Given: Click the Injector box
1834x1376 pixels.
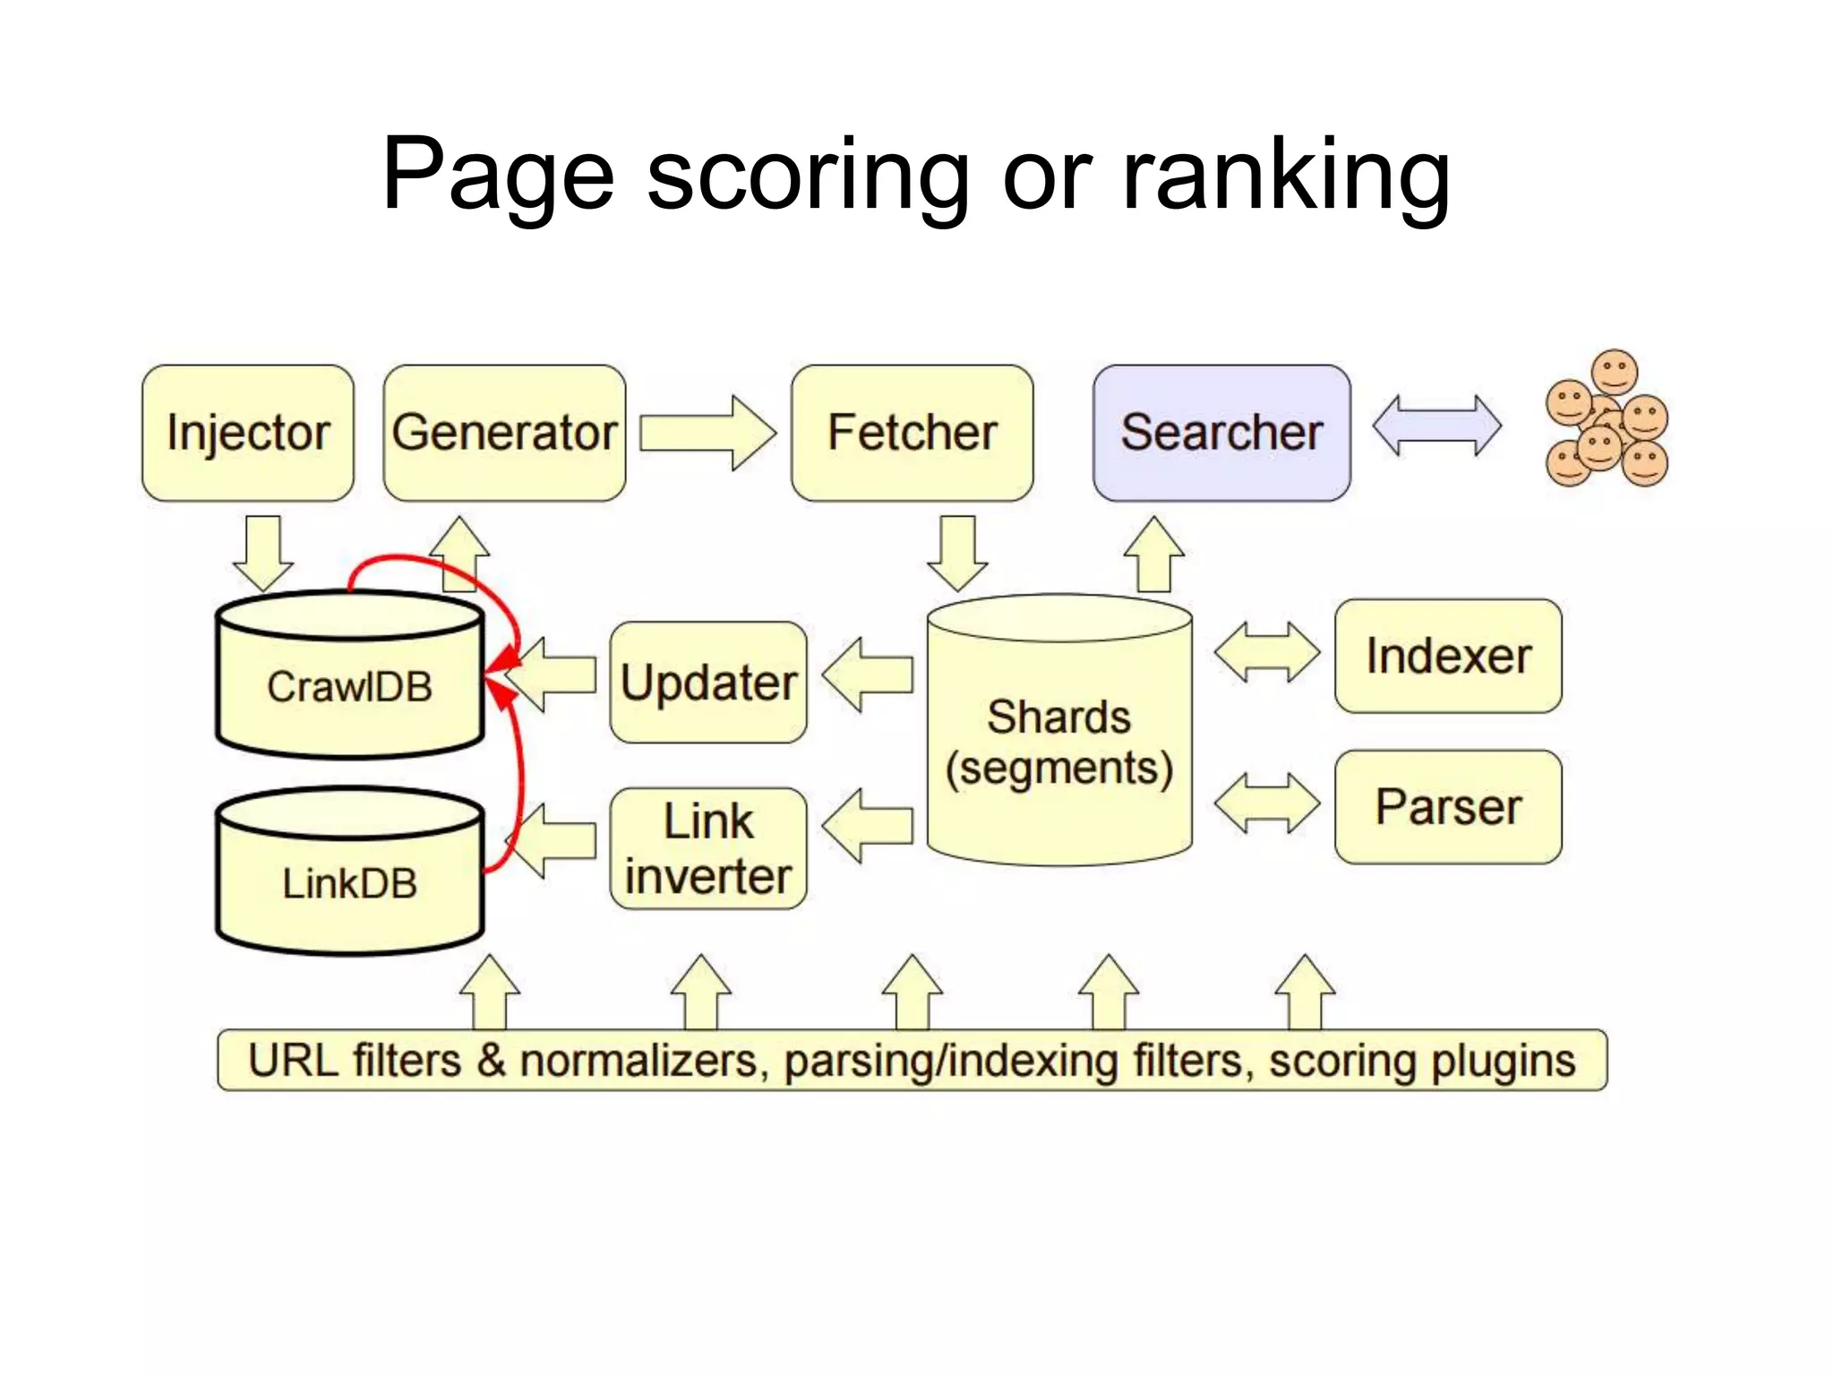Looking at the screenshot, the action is tap(247, 433).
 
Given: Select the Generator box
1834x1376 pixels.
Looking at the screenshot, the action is tap(504, 433).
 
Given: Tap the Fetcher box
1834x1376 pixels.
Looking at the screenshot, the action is tap(912, 433).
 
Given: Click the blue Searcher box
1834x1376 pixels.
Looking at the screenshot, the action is tap(1221, 433).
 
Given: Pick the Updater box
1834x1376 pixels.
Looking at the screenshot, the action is tap(707, 683).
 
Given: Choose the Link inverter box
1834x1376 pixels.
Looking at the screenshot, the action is tap(707, 848).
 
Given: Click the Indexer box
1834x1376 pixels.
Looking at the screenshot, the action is tap(1447, 656).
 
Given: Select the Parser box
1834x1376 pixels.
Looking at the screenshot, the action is tap(1447, 806).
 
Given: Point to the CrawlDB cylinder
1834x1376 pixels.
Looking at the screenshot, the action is tap(349, 686).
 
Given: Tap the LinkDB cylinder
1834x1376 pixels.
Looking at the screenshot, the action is tap(349, 882).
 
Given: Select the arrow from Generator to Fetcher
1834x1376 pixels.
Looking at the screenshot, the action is tap(707, 433).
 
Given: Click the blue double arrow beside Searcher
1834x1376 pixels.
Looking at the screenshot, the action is tap(1436, 426).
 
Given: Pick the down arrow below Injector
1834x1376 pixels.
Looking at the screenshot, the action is tap(263, 550).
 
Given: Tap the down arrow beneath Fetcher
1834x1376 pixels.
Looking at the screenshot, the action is tap(957, 550).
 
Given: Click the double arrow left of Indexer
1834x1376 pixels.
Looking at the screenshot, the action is tap(1266, 652).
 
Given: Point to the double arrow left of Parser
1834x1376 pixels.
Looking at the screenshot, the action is tap(1266, 803).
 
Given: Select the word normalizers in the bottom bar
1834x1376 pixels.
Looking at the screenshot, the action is tap(638, 1061).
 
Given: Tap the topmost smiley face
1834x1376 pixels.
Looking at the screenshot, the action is tap(1615, 371).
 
